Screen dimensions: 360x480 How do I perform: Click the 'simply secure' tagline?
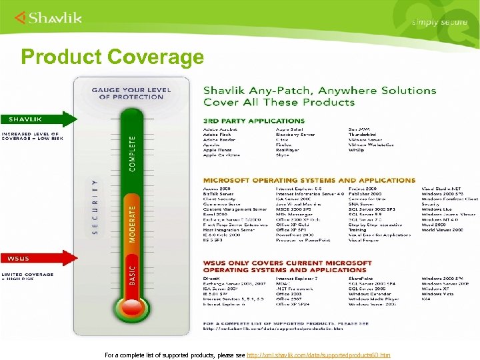click(x=439, y=22)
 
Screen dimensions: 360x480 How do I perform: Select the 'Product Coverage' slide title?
click(x=112, y=57)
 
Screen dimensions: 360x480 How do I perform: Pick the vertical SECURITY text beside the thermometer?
click(x=95, y=207)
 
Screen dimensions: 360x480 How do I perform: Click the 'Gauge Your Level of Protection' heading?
click(x=127, y=93)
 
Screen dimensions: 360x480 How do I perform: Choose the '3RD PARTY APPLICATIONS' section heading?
click(x=253, y=121)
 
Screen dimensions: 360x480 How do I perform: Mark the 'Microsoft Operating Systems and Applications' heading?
click(x=309, y=180)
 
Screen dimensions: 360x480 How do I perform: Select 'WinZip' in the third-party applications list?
click(x=357, y=149)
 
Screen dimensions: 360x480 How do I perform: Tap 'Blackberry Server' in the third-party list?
click(x=295, y=133)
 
